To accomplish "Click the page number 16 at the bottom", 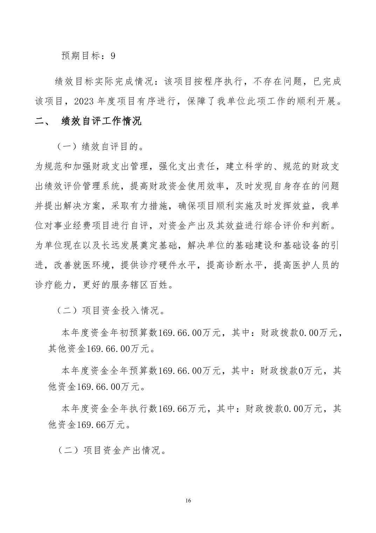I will [188, 500].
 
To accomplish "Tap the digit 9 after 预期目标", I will [113, 56].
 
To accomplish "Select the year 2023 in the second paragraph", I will [85, 101].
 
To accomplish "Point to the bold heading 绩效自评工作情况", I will [102, 121].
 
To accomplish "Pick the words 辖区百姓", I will [154, 285].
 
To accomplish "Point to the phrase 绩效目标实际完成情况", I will [101, 82].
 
